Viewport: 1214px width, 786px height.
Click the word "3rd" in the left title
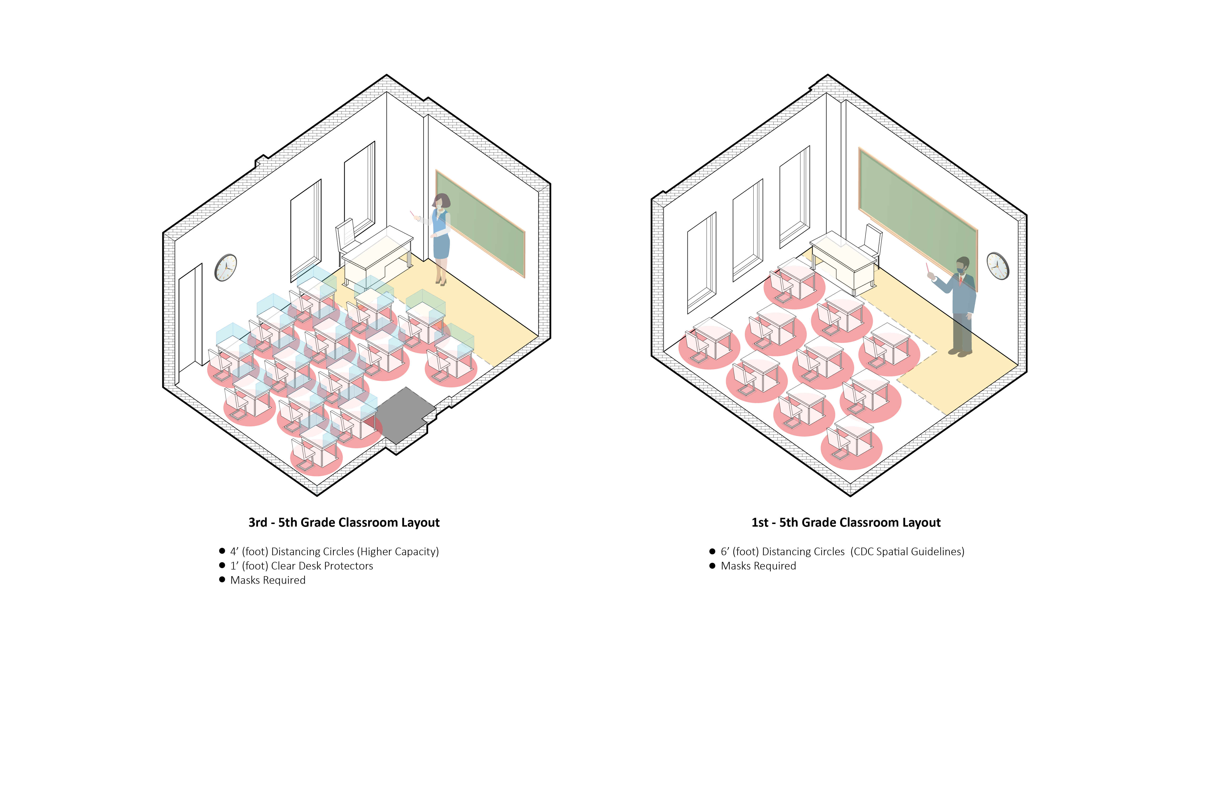[x=258, y=523]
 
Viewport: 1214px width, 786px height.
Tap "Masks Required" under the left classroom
[x=268, y=580]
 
